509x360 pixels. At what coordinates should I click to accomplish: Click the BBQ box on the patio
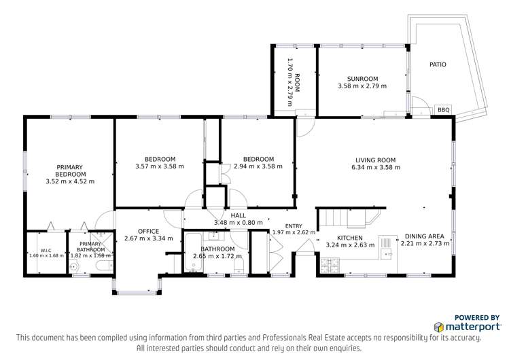443,109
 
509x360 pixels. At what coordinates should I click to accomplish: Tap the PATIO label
438,65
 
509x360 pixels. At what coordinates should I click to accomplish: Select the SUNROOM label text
362,79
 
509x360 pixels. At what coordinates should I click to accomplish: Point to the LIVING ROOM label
376,160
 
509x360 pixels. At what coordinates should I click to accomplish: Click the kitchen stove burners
330,266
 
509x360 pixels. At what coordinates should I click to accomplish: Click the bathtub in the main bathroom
194,253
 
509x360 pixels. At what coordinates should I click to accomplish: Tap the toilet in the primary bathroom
105,266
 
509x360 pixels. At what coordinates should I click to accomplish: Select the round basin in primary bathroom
75,267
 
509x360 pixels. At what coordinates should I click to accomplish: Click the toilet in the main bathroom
239,266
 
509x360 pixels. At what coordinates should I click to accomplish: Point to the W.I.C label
46,251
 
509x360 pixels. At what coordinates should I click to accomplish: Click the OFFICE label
148,231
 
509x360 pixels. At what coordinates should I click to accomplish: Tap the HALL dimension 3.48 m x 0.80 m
239,223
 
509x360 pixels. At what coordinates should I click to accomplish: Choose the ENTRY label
294,226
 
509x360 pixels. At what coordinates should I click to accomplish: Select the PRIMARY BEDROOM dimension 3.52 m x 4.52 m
70,181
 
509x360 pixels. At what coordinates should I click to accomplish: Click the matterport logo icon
439,327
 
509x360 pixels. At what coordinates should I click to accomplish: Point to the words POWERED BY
477,317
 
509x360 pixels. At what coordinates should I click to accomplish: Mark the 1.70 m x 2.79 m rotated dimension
290,82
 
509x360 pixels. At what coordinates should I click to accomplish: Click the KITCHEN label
349,238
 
